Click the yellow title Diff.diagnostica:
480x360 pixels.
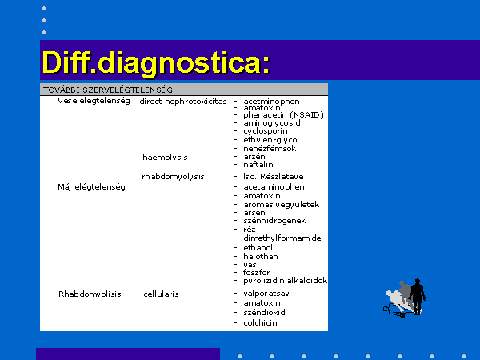point(156,63)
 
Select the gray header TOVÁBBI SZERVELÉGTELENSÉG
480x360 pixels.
point(108,90)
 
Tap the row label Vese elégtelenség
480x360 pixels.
point(94,101)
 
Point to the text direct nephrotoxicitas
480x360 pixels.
point(183,102)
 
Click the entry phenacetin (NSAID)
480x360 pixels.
point(283,115)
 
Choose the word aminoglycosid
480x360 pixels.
point(272,123)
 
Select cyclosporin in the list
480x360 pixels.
point(266,131)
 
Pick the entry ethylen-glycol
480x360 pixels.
point(271,140)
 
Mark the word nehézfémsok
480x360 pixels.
point(270,149)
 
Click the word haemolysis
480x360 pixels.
point(165,158)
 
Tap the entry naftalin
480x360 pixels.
point(258,165)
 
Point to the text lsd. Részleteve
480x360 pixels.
point(274,177)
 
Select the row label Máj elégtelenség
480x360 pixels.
point(91,187)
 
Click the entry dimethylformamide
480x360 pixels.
point(282,238)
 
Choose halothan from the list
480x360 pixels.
point(261,257)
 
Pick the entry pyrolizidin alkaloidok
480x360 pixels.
point(286,281)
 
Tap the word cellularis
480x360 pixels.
point(161,294)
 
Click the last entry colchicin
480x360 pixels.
point(260,323)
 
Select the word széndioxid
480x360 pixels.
point(264,313)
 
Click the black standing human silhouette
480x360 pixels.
point(418,296)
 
